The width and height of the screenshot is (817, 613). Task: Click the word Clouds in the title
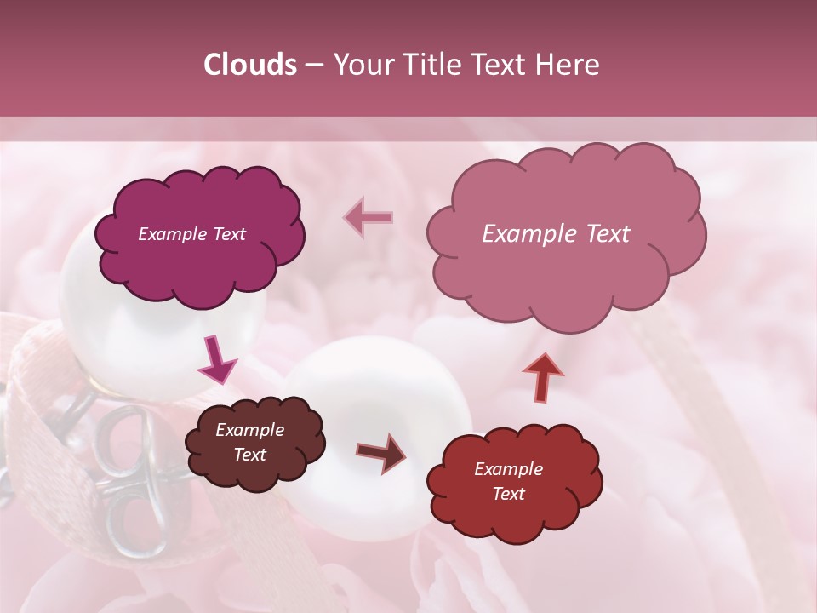pos(250,65)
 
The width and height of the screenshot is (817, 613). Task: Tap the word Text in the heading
pos(499,65)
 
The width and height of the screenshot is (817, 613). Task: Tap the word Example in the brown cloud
pos(249,430)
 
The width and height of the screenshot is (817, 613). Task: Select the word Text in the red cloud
pos(508,494)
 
